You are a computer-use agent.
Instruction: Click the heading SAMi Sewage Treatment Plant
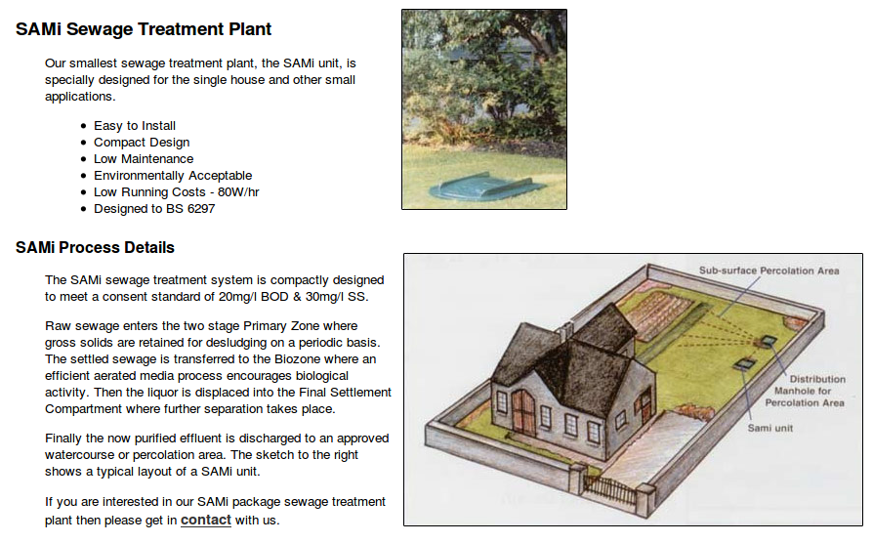point(144,29)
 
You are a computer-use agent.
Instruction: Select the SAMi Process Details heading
point(95,247)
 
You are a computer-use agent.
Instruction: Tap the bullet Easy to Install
point(135,126)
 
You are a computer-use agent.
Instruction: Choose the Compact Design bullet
point(142,143)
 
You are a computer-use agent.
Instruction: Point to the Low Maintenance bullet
point(144,159)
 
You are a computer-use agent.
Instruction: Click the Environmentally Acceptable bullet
point(173,176)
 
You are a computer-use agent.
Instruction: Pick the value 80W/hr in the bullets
point(238,192)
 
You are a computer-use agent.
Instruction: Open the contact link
point(205,520)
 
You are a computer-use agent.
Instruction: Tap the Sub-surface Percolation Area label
point(769,271)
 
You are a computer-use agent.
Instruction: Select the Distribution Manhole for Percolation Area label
point(805,391)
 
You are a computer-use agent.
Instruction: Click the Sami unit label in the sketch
point(770,428)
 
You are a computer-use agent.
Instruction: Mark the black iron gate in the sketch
point(609,491)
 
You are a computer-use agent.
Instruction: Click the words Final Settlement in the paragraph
point(345,392)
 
